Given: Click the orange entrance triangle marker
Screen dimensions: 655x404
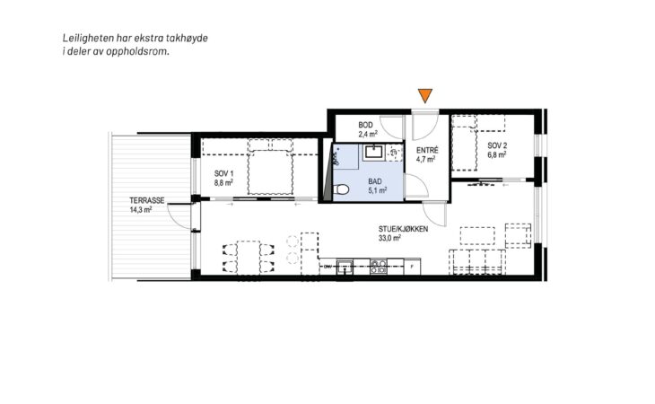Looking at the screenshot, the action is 424,95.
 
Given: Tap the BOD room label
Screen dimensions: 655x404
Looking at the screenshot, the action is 365,125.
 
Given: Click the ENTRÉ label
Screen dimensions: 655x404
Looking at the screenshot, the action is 427,150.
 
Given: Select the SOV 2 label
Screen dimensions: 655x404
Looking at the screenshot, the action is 497,145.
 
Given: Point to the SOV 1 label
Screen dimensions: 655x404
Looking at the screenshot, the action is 224,173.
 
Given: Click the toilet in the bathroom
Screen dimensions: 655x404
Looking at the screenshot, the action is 341,189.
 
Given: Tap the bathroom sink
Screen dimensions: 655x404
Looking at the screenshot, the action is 372,152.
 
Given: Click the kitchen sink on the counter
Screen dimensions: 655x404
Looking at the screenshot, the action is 345,266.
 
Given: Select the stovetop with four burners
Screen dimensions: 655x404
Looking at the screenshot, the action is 379,267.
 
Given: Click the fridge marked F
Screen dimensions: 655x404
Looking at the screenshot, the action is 412,267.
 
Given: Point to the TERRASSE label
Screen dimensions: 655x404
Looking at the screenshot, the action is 146,200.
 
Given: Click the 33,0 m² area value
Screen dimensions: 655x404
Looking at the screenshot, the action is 389,238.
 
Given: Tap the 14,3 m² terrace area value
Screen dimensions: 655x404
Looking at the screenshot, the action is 140,209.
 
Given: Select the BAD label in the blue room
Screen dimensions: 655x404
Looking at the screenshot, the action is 375,181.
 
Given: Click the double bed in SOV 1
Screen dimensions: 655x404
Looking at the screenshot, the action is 270,171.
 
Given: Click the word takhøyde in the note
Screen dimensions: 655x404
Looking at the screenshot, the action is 188,38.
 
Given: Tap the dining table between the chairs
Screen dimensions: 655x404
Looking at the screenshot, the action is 249,257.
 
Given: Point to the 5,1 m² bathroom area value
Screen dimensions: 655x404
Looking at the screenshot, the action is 377,190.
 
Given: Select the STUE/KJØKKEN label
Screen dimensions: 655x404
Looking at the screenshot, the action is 403,229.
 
